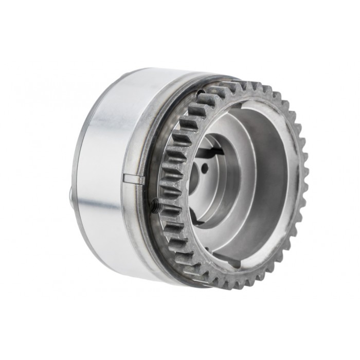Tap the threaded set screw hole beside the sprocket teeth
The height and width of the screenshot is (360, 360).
coord(155,205)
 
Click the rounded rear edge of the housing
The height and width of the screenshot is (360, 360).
coord(82,154)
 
